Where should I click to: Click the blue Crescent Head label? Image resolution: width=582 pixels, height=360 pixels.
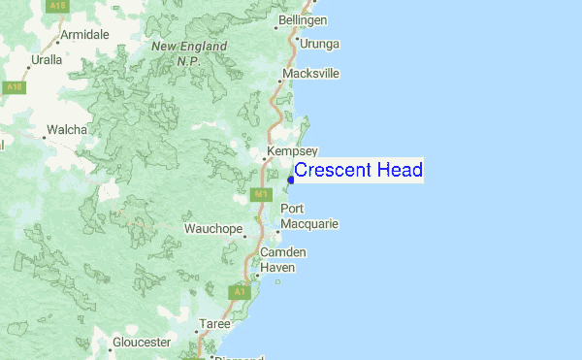(x=358, y=170)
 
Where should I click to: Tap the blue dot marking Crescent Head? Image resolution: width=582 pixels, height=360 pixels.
(x=291, y=180)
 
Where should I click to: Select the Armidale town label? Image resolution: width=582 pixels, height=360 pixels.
(x=84, y=35)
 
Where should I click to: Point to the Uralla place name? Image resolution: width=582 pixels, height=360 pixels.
(x=46, y=59)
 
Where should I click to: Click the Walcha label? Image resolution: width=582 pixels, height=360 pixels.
(x=67, y=129)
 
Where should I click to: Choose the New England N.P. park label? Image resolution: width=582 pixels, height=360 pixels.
(x=175, y=53)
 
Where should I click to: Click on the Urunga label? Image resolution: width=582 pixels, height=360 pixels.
(x=320, y=44)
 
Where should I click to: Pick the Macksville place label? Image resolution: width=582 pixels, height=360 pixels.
(x=310, y=74)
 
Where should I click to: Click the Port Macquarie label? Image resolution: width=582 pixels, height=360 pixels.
(x=308, y=216)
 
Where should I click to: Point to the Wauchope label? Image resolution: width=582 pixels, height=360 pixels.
(x=211, y=229)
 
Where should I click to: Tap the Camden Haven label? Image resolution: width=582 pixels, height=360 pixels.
(x=283, y=259)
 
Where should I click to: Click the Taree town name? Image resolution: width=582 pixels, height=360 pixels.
(x=214, y=323)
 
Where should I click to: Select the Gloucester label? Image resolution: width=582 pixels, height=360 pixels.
(x=141, y=343)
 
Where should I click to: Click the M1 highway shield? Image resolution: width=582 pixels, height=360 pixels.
(x=261, y=194)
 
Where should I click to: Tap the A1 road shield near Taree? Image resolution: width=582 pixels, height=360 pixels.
(x=238, y=290)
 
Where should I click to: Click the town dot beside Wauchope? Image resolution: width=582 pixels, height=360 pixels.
(x=245, y=235)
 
